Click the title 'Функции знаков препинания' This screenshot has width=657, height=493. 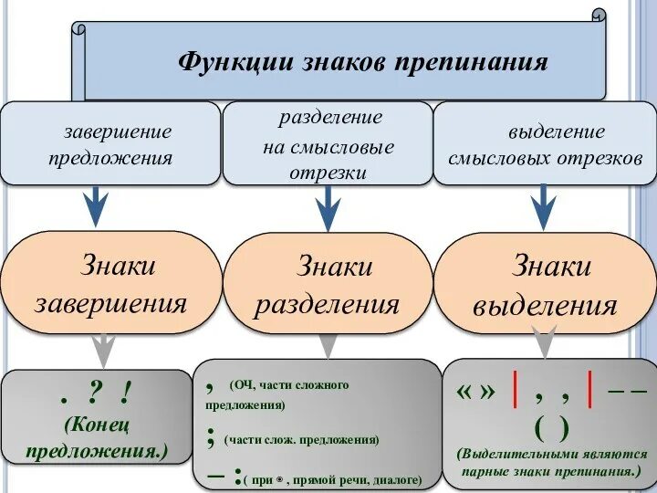pyautogui.click(x=362, y=62)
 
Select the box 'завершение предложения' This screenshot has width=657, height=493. pyautogui.click(x=110, y=144)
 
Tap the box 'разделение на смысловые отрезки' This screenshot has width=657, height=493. pyautogui.click(x=328, y=144)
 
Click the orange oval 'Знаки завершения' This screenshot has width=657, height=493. pyautogui.click(x=110, y=283)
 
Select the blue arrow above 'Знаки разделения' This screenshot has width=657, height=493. pyautogui.click(x=327, y=209)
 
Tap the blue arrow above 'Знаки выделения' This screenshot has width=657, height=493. pyautogui.click(x=544, y=207)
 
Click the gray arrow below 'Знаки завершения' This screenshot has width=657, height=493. pyautogui.click(x=103, y=348)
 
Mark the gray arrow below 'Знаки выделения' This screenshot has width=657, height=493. pyautogui.click(x=544, y=339)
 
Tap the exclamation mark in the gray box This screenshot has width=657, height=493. pyautogui.click(x=122, y=394)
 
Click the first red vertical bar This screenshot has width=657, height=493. pyautogui.click(x=516, y=393)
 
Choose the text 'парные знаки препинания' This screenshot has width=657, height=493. pyautogui.click(x=550, y=473)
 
